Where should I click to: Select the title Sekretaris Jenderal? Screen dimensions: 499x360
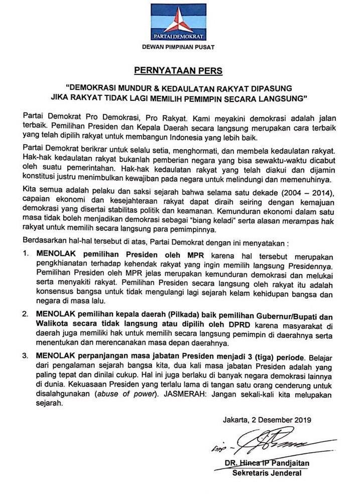(266, 473)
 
